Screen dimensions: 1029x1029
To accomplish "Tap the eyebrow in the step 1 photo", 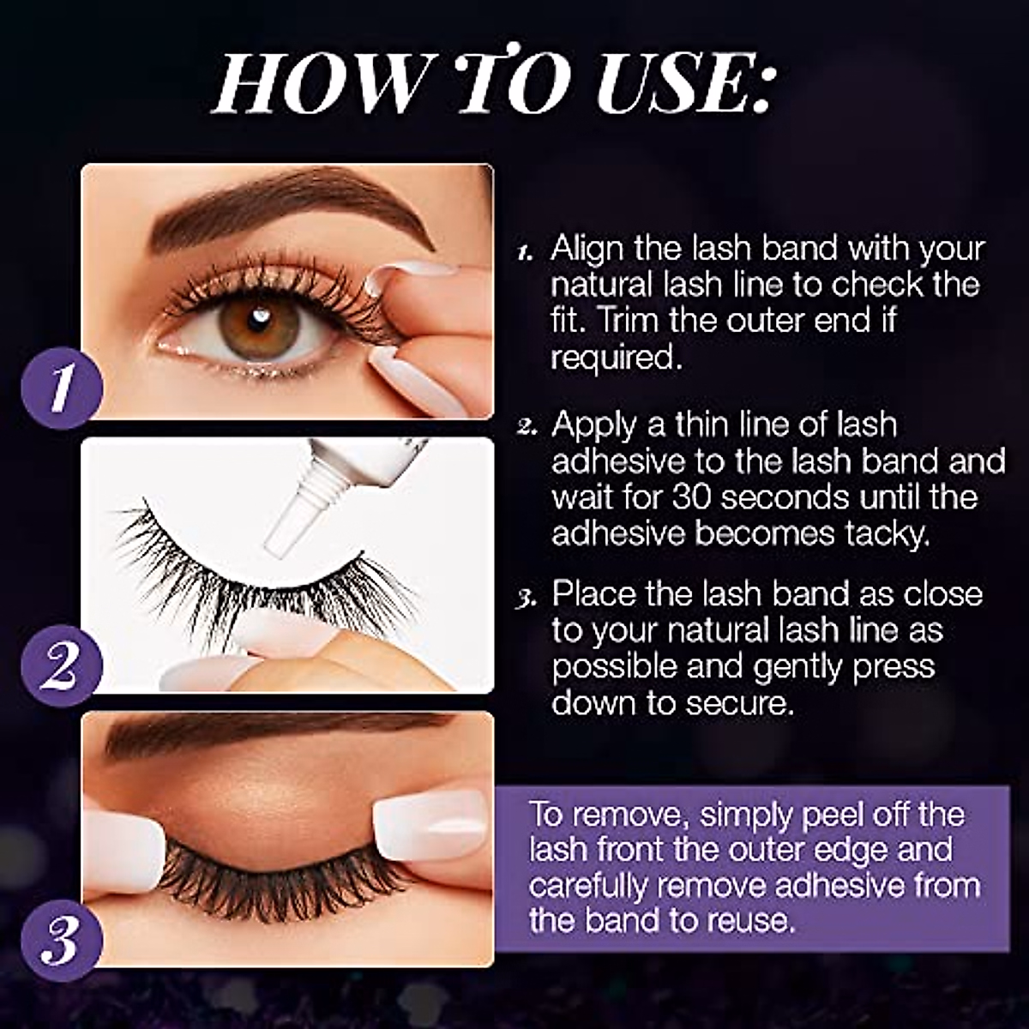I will pos(292,206).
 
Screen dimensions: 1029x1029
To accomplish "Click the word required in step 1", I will pos(616,358).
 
